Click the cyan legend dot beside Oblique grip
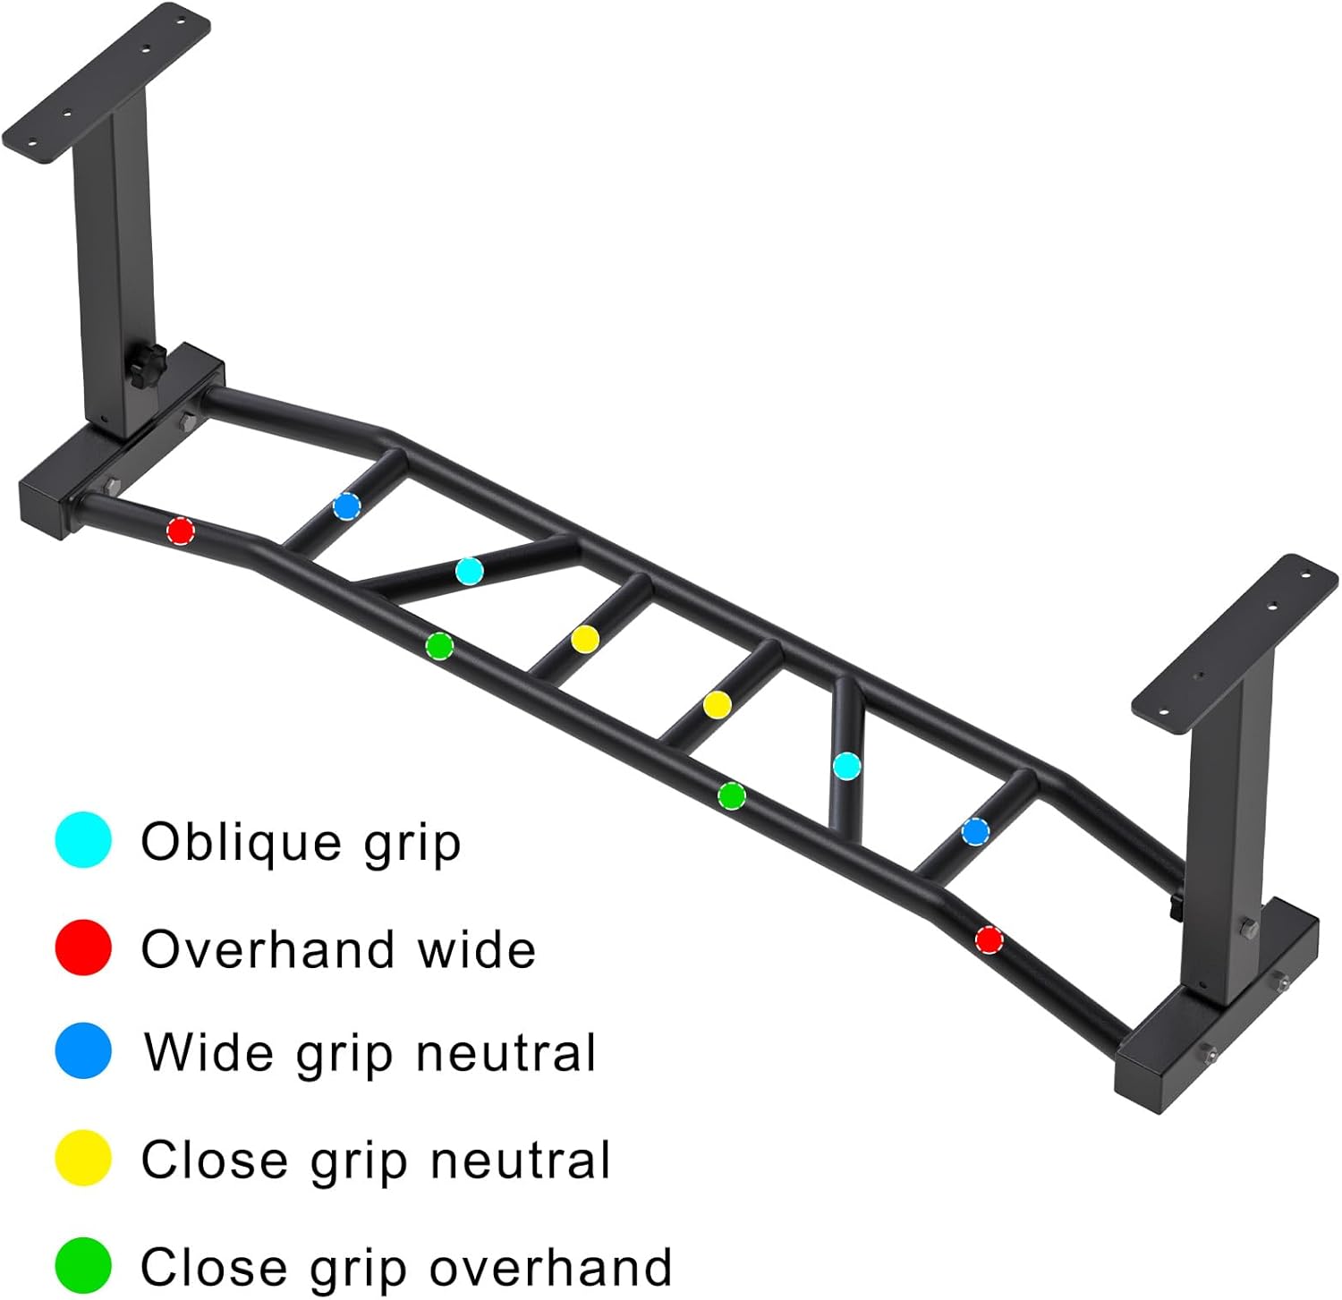[x=83, y=840]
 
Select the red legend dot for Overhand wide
[x=83, y=947]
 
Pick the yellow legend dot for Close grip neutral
[x=83, y=1159]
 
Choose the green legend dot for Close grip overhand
[x=83, y=1265]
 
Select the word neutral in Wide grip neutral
[x=505, y=1053]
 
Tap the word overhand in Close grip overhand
[x=550, y=1267]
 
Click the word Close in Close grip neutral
[x=213, y=1160]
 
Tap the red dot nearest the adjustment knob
[x=181, y=531]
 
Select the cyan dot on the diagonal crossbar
[x=470, y=571]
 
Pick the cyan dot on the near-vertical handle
[x=846, y=766]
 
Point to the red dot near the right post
[x=989, y=940]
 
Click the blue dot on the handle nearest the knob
[x=346, y=506]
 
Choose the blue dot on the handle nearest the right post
[x=975, y=832]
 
